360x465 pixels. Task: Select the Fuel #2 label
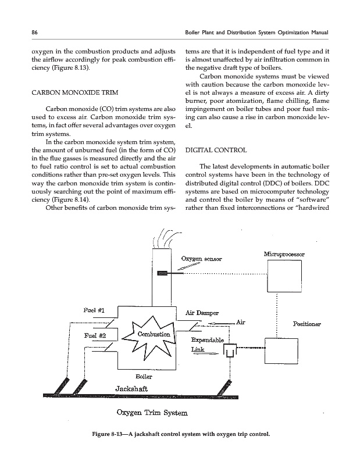point(95,335)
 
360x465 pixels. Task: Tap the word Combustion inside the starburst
point(154,335)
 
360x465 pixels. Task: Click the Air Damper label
point(201,312)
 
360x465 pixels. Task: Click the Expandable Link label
point(203,345)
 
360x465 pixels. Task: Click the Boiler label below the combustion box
point(144,376)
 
